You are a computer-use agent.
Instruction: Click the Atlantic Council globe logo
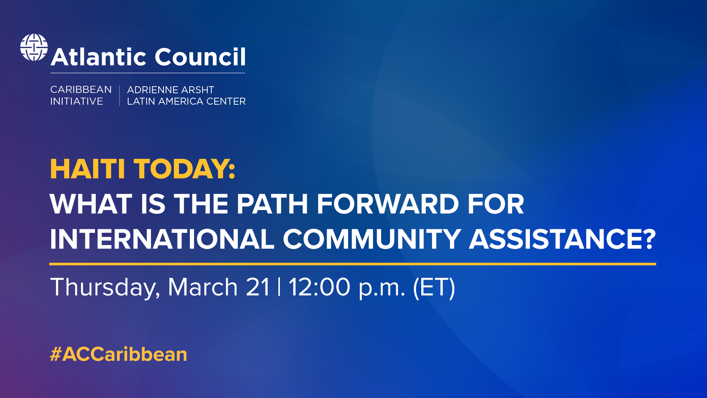click(34, 48)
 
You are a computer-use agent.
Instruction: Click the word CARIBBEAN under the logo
click(81, 90)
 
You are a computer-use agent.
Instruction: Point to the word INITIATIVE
click(77, 101)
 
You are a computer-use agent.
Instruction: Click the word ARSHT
click(197, 90)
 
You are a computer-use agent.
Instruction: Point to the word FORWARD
click(388, 204)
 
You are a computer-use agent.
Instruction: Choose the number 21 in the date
click(258, 287)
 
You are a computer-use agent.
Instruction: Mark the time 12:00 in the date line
click(319, 287)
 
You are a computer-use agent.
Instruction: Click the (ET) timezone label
click(434, 287)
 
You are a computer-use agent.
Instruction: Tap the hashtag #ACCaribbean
click(119, 354)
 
